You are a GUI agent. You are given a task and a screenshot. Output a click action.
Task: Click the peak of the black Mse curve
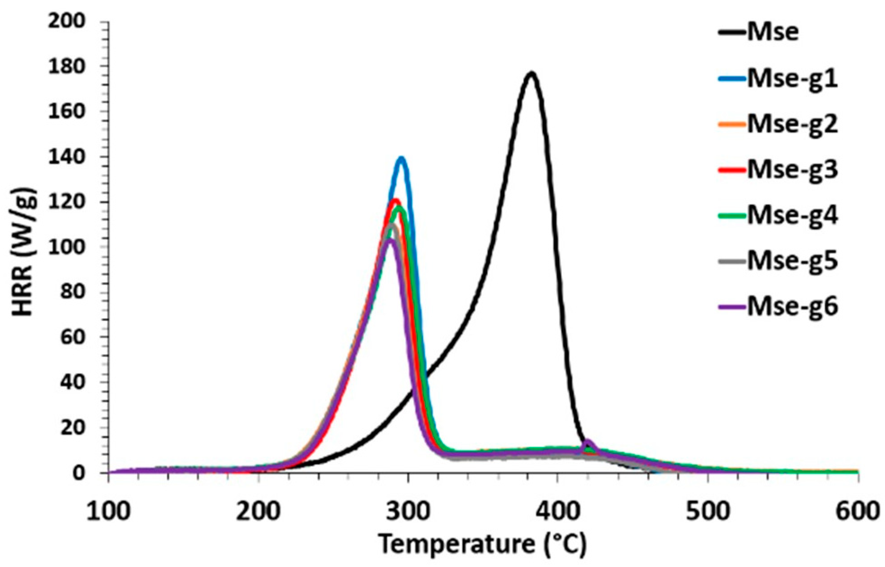pos(531,73)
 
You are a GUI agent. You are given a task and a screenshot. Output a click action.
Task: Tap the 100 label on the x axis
pos(109,512)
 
